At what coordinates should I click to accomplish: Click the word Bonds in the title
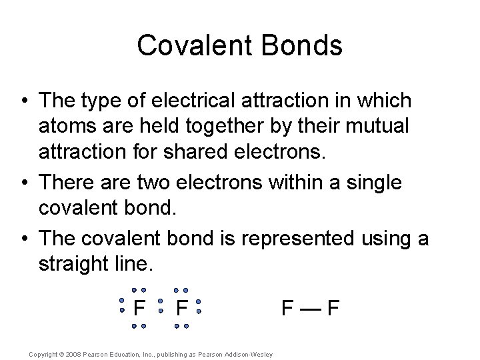tap(307, 45)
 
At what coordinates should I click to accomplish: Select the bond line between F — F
tap(311, 309)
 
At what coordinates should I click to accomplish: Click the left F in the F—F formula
tap(288, 309)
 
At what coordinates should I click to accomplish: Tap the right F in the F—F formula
tap(333, 309)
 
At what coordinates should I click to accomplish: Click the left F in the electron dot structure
tap(139, 309)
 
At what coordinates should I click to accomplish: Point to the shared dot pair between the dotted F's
tap(160, 309)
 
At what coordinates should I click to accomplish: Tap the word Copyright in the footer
tap(43, 354)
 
